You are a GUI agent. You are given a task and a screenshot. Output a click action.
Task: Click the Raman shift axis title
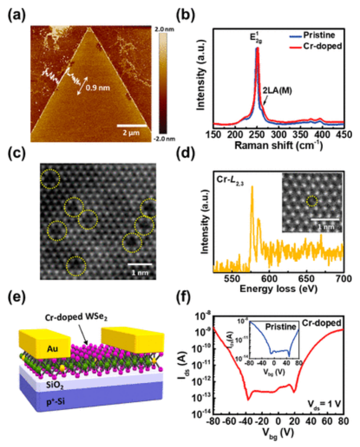point(281,147)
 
